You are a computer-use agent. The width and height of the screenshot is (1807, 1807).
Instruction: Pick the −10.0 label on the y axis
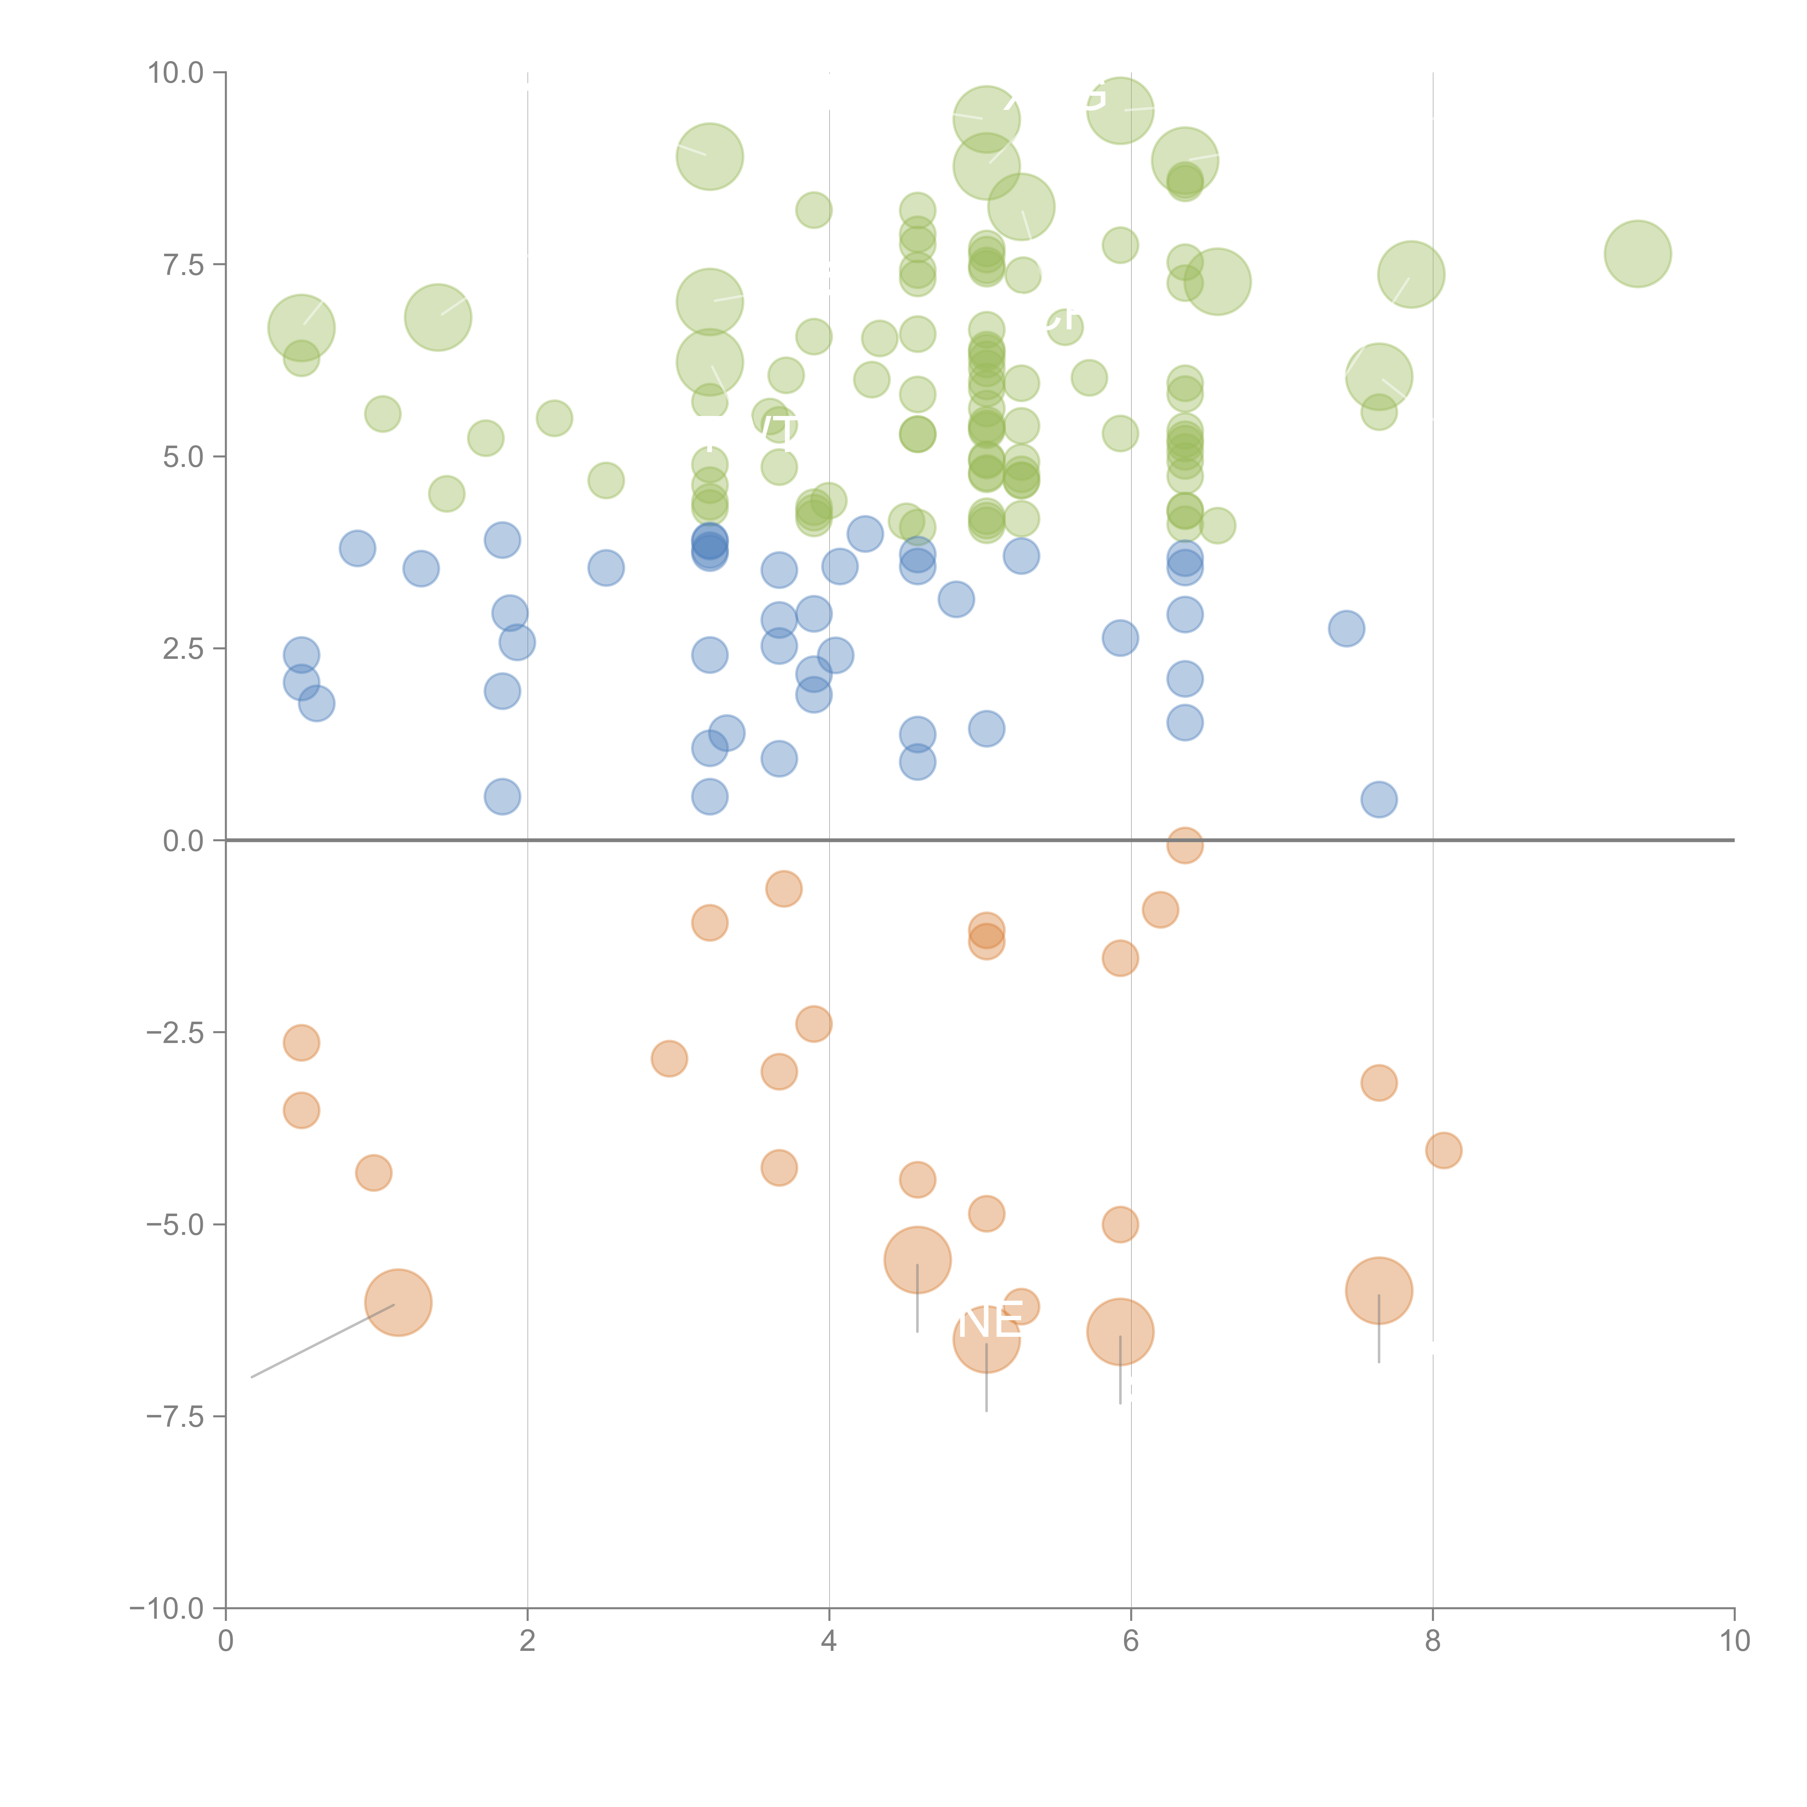[x=167, y=1609]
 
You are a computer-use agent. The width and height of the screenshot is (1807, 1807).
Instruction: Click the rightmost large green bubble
[x=1637, y=253]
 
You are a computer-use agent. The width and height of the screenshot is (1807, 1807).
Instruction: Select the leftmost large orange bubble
[x=398, y=1302]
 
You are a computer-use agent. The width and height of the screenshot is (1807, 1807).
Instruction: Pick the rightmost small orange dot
[x=1443, y=1150]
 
